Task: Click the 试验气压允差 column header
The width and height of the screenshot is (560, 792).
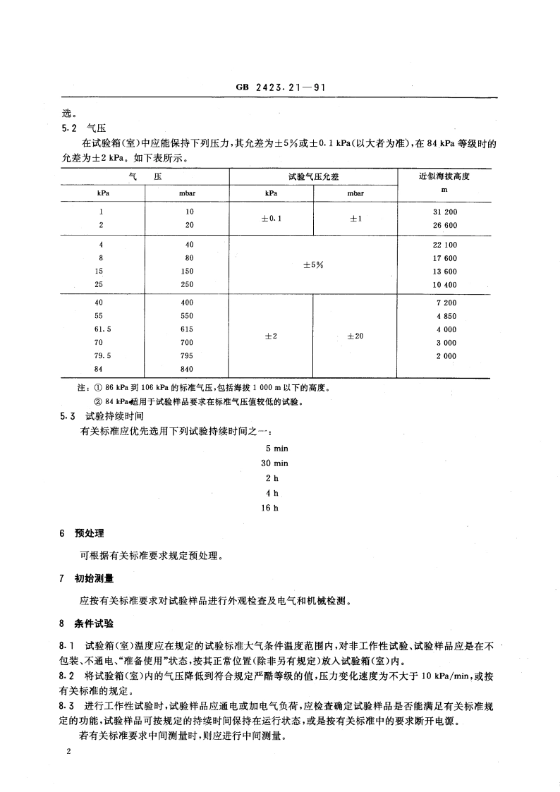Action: click(x=312, y=176)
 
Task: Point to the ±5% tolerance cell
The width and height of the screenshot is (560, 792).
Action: click(x=312, y=265)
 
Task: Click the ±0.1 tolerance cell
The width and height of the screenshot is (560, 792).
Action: click(x=272, y=219)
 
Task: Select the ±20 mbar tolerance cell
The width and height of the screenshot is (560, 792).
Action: click(x=355, y=336)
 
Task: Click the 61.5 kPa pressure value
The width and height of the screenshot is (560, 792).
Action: click(x=104, y=329)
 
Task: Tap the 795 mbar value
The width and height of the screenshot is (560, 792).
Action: click(x=188, y=356)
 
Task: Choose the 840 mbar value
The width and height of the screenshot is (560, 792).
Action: click(x=188, y=369)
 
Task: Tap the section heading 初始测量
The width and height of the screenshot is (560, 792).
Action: click(x=95, y=579)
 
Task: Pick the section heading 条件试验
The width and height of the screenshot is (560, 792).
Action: click(x=95, y=623)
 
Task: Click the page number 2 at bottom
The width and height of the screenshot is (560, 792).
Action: click(x=68, y=753)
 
